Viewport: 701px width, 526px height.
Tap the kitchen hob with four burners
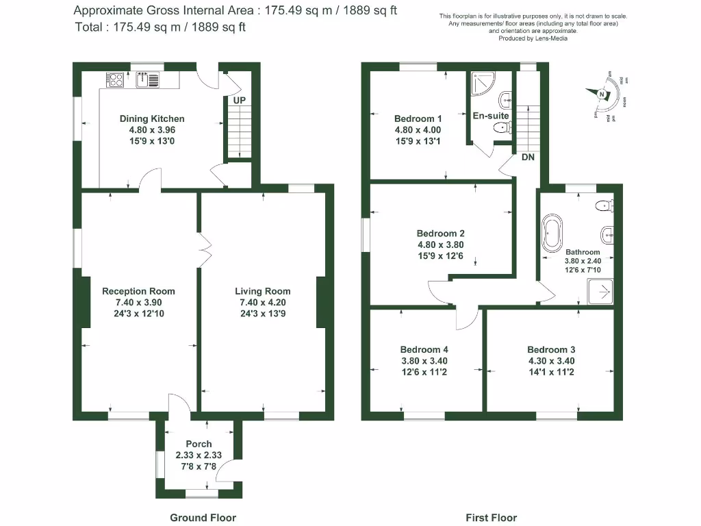(115, 79)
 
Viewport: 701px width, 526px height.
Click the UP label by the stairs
(239, 101)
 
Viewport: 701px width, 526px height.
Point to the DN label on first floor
(528, 157)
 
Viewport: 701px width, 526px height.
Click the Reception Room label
(138, 291)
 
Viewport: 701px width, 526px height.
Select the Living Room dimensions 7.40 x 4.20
(262, 302)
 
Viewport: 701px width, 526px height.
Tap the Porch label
(199, 444)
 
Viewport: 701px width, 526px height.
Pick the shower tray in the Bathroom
(601, 292)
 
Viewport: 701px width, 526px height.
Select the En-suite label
(491, 116)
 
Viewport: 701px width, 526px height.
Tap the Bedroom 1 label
(418, 118)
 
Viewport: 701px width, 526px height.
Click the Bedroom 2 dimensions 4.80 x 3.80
(441, 245)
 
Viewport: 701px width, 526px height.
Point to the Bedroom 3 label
(551, 349)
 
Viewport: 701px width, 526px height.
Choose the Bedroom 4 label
(424, 349)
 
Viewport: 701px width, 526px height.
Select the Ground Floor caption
(203, 518)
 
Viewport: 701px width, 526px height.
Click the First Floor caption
(491, 518)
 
